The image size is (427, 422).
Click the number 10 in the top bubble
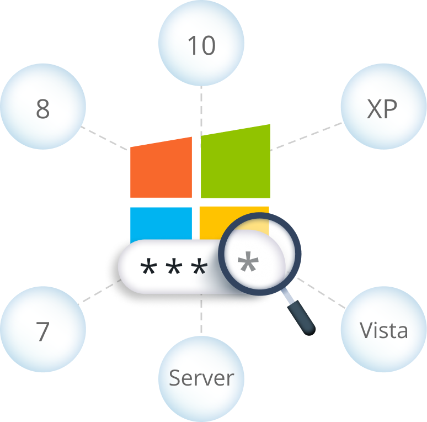[x=201, y=45]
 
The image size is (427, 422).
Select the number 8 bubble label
[x=43, y=109]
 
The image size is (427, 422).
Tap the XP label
[x=382, y=109]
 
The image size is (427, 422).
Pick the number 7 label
[x=42, y=331]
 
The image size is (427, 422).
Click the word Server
[x=201, y=378]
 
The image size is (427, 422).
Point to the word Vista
[x=384, y=330]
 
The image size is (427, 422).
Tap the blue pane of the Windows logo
[x=161, y=225]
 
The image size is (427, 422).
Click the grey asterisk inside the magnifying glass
[x=248, y=262]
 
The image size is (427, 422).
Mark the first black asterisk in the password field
[x=148, y=266]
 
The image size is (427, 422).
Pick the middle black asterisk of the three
[x=174, y=266]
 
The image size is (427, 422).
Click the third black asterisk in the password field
[x=199, y=266]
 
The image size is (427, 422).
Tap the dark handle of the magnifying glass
[x=301, y=318]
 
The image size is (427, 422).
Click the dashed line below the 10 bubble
[x=201, y=110]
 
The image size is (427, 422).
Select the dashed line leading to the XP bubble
[x=306, y=136]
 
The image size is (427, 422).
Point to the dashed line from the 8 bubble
[x=104, y=138]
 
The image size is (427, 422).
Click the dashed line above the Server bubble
[x=201, y=314]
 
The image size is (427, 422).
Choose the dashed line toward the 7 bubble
[x=99, y=292]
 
